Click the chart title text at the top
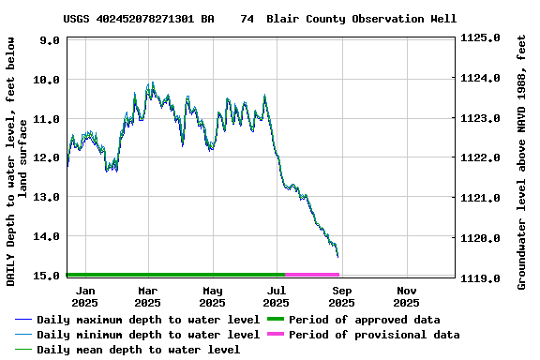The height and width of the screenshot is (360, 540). point(260,19)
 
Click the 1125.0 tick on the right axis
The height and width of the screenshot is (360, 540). point(481,38)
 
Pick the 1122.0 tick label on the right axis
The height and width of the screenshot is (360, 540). point(481,158)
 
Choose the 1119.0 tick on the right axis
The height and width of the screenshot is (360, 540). point(481,278)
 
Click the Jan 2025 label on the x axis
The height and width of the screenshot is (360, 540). point(84,296)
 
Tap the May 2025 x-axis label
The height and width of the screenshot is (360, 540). point(212,296)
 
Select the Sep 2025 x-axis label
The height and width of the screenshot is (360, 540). point(341,296)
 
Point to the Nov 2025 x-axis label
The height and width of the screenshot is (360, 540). point(406,296)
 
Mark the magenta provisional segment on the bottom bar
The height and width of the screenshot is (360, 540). point(312,275)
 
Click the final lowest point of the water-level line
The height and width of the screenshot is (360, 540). point(337,256)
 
